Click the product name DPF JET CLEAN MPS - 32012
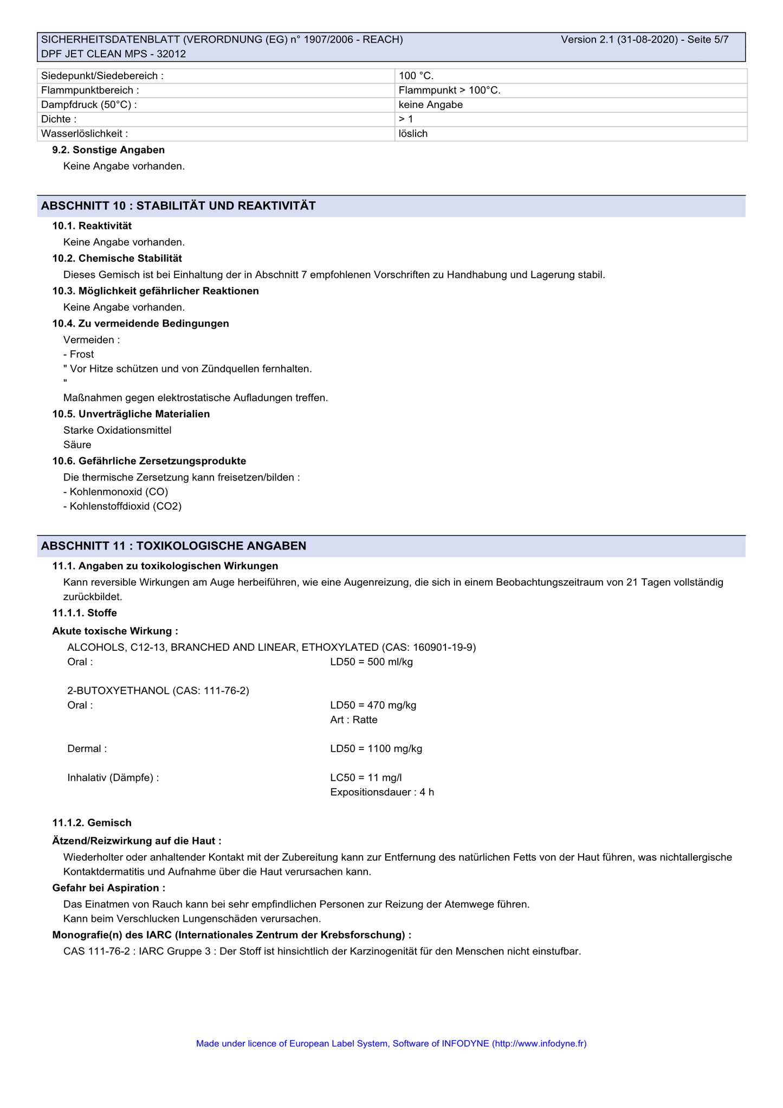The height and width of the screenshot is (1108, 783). coord(113,54)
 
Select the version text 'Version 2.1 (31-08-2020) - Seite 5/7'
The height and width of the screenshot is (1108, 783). coord(644,40)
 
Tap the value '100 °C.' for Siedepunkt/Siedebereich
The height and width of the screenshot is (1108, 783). coord(416,76)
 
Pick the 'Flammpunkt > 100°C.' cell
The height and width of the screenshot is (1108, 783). coord(449,90)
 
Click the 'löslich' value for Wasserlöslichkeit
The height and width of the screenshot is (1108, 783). coord(413,133)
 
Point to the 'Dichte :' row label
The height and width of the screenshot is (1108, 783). coord(59,119)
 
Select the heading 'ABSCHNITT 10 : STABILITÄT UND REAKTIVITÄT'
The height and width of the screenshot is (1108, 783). coord(178,206)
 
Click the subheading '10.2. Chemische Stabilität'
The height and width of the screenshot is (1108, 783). coord(117,258)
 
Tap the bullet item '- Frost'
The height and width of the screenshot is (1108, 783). coord(79,354)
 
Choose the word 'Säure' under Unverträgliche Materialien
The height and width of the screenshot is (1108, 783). coord(77,445)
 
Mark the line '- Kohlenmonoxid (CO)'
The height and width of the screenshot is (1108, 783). coord(115,492)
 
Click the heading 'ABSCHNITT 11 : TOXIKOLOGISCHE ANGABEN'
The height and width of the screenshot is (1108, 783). coord(173,546)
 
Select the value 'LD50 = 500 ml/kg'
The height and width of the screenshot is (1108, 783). coord(371,662)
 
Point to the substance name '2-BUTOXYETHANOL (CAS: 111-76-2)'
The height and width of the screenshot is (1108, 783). coord(158,690)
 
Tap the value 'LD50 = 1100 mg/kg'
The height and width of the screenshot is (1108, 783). coord(376,748)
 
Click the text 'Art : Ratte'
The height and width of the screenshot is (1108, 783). coord(353,720)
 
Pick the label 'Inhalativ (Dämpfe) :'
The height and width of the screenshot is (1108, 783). coord(113,778)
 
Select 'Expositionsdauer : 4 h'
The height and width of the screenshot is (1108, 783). coord(382,792)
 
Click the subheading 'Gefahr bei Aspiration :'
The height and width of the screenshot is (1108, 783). coord(109,888)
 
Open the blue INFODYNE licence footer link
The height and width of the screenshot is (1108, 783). coord(391,1043)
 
